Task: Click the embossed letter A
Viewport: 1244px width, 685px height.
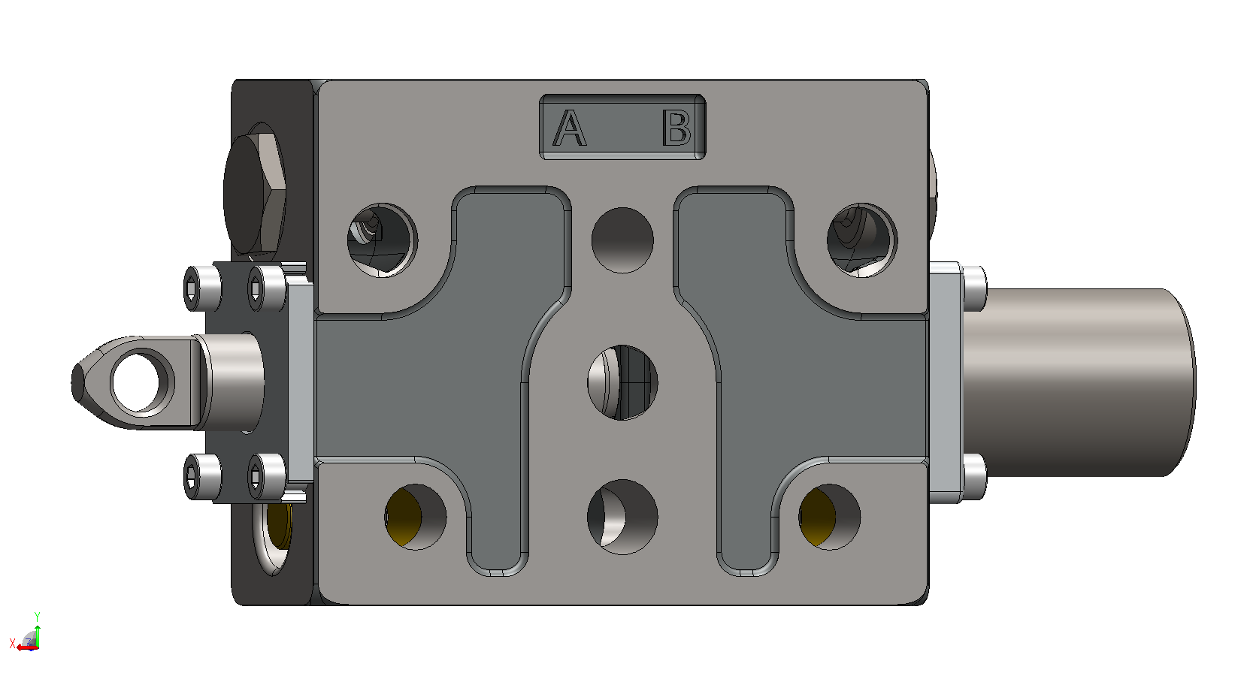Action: click(570, 128)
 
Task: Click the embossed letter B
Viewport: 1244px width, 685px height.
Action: click(676, 128)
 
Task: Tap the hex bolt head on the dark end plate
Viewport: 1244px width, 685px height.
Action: click(255, 195)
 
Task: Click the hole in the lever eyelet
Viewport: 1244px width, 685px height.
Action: click(135, 382)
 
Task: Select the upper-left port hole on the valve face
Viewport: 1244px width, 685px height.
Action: click(382, 240)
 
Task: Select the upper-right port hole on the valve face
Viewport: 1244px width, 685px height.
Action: click(862, 240)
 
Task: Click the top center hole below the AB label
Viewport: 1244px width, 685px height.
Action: click(622, 240)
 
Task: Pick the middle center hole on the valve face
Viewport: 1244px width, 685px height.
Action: click(622, 382)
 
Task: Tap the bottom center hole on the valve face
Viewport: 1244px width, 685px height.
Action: click(622, 518)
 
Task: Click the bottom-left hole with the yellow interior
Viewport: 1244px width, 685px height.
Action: click(416, 518)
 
